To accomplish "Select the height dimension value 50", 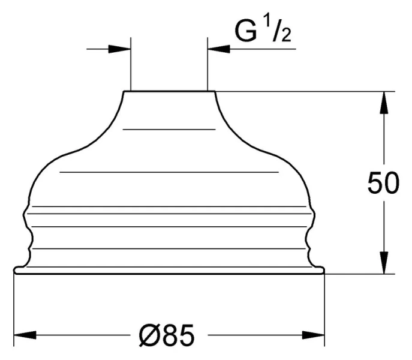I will [x=383, y=185].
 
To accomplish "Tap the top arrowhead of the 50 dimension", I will [x=382, y=101].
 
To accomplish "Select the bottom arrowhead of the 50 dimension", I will [x=382, y=263].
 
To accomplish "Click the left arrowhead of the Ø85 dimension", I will [x=23, y=335].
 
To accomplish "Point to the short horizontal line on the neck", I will [x=169, y=129].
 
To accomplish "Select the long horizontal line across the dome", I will [x=170, y=172].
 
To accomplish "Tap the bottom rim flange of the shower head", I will [x=169, y=271].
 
